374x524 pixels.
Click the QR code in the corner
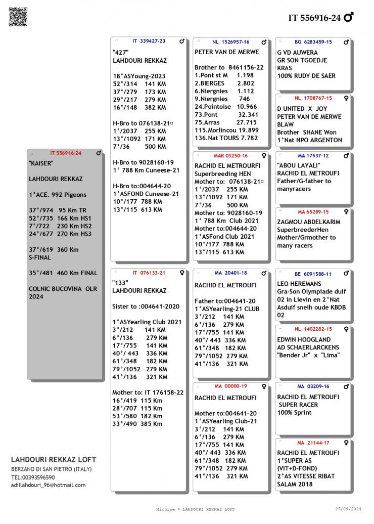pyautogui.click(x=18, y=17)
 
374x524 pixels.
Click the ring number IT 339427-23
pyautogui.click(x=149, y=41)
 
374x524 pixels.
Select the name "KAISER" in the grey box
pyautogui.click(x=41, y=163)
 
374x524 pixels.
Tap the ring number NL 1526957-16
pyautogui.click(x=230, y=42)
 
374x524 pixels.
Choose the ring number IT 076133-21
pyautogui.click(x=149, y=273)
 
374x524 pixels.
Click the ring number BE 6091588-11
pyautogui.click(x=313, y=274)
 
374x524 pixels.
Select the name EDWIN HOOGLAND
pyautogui.click(x=304, y=339)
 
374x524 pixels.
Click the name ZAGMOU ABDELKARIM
pyautogui.click(x=309, y=222)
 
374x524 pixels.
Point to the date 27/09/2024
pyautogui.click(x=348, y=509)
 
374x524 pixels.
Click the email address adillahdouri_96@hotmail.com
pyautogui.click(x=48, y=485)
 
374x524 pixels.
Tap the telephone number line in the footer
pyautogui.click(x=33, y=477)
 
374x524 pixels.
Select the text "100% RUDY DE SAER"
pyautogui.click(x=306, y=76)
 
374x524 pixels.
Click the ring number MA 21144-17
pyautogui.click(x=313, y=443)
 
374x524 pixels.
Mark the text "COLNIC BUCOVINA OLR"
pyautogui.click(x=63, y=289)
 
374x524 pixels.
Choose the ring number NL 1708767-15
pyautogui.click(x=313, y=98)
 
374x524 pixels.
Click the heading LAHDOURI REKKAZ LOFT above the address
pyautogui.click(x=53, y=460)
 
